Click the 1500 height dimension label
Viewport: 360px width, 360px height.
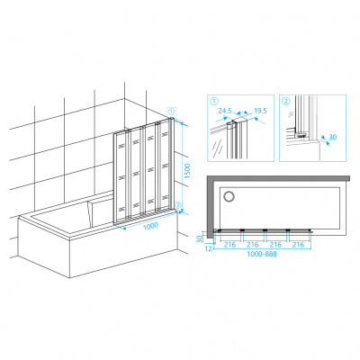pos(187,171)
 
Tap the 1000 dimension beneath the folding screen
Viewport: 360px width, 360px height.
pos(150,226)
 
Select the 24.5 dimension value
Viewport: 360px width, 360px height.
pos(225,111)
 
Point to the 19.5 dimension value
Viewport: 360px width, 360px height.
pos(260,111)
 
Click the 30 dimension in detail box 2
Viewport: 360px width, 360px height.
pos(333,137)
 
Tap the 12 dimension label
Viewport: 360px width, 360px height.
pos(210,248)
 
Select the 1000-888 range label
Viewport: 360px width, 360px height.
pos(262,254)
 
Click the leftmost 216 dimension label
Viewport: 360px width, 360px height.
pos(229,245)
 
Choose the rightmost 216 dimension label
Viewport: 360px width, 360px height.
pos(299,245)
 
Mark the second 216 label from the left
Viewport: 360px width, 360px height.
pos(253,245)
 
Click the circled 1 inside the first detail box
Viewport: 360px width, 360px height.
pos(214,102)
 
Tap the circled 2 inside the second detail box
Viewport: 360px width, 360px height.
pos(286,102)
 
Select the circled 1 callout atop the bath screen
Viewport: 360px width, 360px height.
pos(171,112)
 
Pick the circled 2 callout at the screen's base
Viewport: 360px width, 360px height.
pos(178,205)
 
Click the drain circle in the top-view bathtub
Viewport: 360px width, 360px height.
pos(229,196)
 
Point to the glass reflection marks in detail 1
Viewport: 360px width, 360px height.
pos(218,148)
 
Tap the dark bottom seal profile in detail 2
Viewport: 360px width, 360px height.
pos(301,136)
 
